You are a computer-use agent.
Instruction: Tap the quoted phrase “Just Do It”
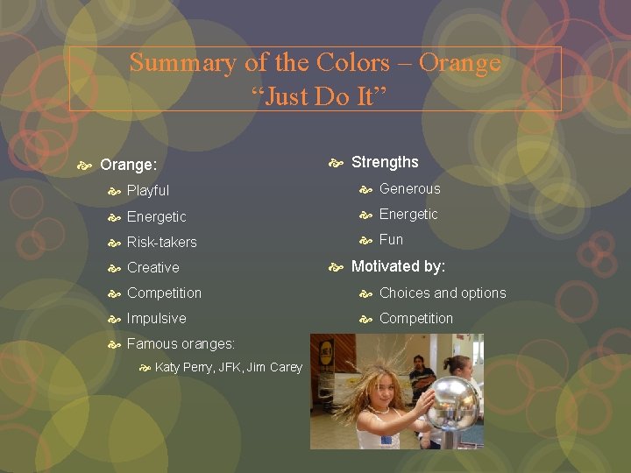315,96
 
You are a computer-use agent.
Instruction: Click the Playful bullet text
148,190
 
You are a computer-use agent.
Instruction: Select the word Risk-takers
162,242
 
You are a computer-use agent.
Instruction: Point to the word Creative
153,267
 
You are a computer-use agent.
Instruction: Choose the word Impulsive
157,318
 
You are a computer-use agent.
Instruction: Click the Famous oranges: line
180,343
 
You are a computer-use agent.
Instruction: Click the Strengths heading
385,162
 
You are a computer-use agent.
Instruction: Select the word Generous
410,188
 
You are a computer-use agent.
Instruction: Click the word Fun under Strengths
392,239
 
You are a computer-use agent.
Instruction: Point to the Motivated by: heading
398,266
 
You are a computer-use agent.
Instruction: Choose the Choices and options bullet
443,293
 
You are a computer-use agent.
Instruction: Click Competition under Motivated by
416,318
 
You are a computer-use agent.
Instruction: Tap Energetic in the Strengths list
408,214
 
